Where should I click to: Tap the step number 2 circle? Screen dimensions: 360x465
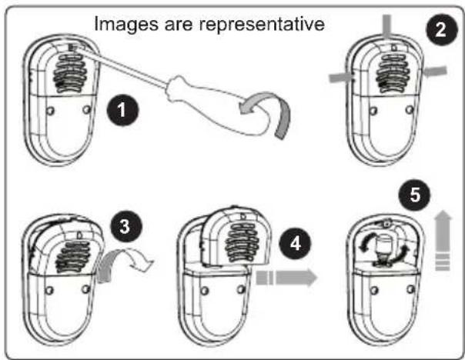[x=440, y=31]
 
